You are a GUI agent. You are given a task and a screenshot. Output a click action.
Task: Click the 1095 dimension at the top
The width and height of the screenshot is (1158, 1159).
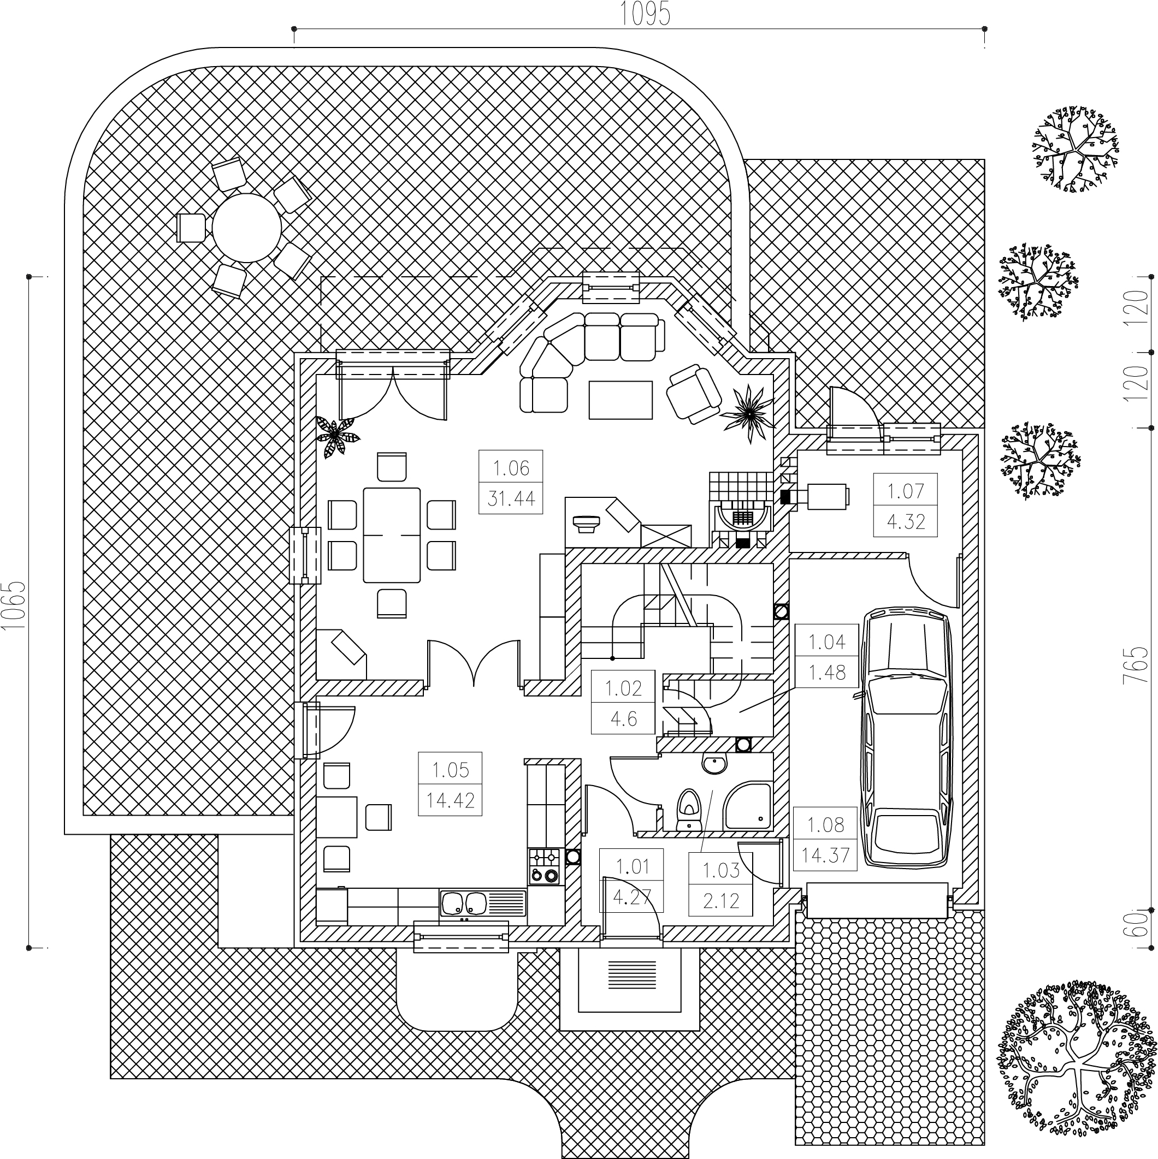pyautogui.click(x=645, y=14)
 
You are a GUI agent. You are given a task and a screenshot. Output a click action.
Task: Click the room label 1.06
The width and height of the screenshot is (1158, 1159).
pyautogui.click(x=511, y=468)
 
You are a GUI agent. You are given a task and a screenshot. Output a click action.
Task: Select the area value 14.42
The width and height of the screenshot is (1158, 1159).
pyautogui.click(x=450, y=800)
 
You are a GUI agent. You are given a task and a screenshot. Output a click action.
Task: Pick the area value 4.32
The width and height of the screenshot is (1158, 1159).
pyautogui.click(x=906, y=521)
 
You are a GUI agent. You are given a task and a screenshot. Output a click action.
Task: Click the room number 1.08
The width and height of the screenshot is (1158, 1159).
pyautogui.click(x=826, y=825)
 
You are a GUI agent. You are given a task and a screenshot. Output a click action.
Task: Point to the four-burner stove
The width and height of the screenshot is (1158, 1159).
pyautogui.click(x=545, y=866)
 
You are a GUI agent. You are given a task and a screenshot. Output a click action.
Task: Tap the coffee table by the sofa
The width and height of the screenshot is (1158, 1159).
pyautogui.click(x=621, y=400)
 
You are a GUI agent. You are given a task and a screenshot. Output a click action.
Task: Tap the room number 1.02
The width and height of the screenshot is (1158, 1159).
pyautogui.click(x=623, y=687)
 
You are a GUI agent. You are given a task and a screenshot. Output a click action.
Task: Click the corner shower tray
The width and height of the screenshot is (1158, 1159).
pyautogui.click(x=748, y=807)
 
